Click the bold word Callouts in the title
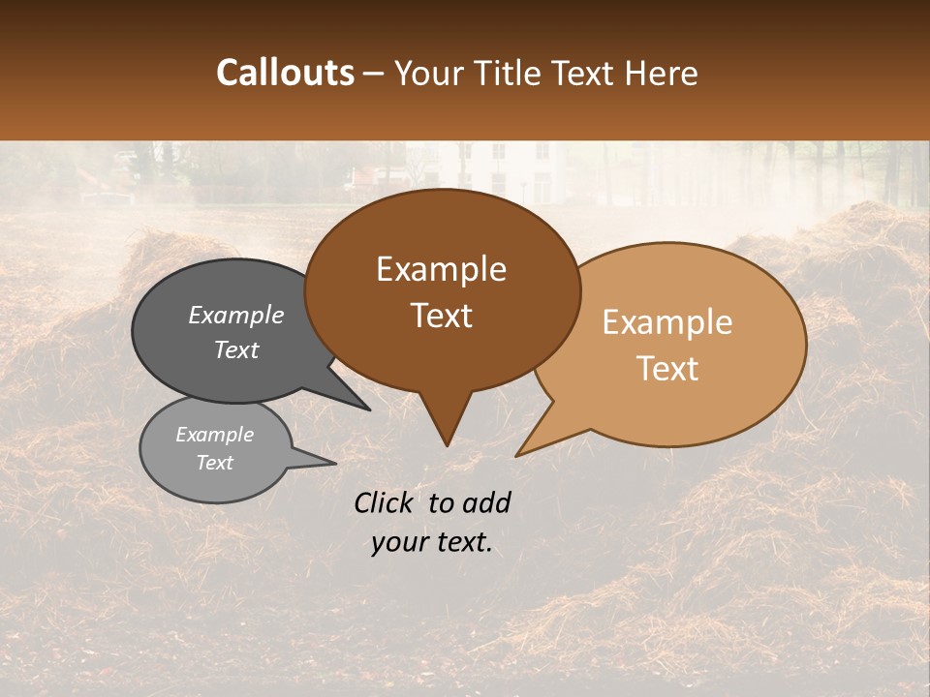coord(285,73)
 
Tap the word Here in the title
coord(663,73)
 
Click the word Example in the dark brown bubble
coord(441,269)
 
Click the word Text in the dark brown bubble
coord(441,316)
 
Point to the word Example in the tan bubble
coord(667,322)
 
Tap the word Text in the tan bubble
coord(667,369)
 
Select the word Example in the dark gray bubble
coord(236,316)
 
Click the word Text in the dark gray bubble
coord(236,349)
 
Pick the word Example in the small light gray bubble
coord(214,435)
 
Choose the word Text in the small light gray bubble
coord(214,463)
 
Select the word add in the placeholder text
coord(485,502)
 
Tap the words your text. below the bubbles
coord(432,542)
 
